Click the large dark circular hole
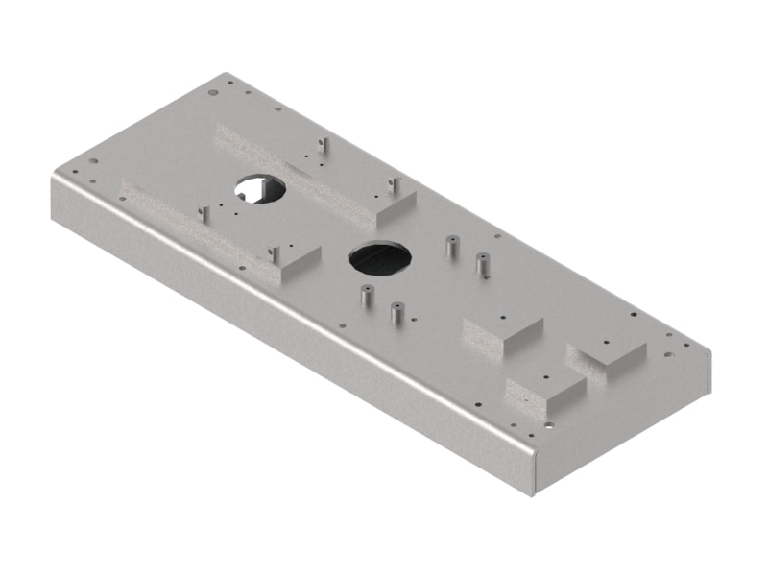(x=379, y=257)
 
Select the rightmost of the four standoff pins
(x=484, y=263)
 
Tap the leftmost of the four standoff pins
(x=364, y=296)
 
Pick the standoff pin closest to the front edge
(x=396, y=313)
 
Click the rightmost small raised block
(x=609, y=352)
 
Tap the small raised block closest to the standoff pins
(x=501, y=332)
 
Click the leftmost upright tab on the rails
(x=203, y=213)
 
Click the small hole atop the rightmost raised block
(x=607, y=342)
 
